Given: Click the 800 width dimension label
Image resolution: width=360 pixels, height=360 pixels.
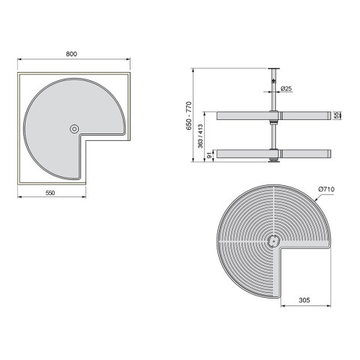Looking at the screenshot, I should pyautogui.click(x=72, y=54).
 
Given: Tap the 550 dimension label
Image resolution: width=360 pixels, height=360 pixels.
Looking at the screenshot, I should pyautogui.click(x=50, y=193).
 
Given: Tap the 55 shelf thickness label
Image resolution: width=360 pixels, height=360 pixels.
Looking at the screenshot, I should pyautogui.click(x=339, y=115).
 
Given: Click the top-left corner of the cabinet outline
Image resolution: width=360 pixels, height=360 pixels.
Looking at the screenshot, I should pyautogui.click(x=19, y=73).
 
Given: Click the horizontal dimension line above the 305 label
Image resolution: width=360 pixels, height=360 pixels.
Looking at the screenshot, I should pyautogui.click(x=304, y=305).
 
